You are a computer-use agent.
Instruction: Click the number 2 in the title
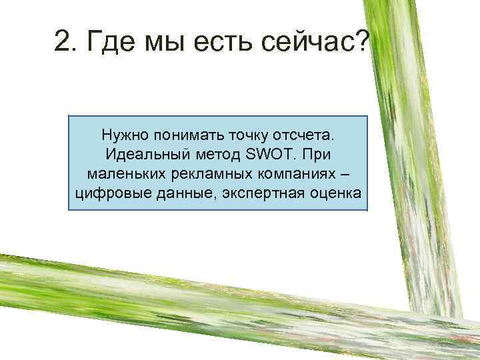point(63,45)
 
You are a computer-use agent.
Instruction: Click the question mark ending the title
point(362,45)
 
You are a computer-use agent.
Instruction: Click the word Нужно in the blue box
point(125,136)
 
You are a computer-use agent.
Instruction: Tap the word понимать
point(185,136)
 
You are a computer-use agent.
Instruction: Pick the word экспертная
point(248,194)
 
